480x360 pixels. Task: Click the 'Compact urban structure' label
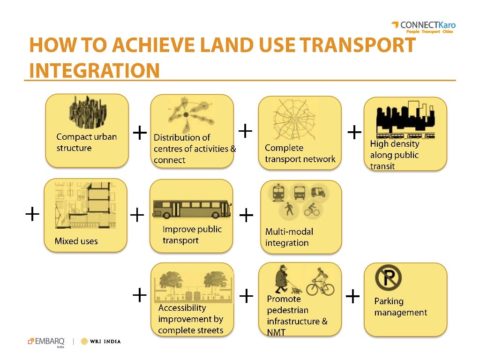point(86,142)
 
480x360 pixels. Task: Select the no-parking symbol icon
point(388,277)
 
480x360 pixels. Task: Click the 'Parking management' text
point(400,307)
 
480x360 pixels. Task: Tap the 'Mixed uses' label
point(76,241)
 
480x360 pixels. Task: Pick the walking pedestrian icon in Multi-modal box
point(289,210)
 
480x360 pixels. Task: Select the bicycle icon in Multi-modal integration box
point(312,210)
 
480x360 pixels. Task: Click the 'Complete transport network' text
point(300,153)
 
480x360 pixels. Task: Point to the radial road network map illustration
point(294,120)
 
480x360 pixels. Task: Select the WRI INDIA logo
point(101,341)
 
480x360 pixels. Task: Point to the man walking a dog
point(284,280)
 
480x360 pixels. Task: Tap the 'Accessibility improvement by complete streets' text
point(190,319)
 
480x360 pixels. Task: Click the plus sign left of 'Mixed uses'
point(32,215)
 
